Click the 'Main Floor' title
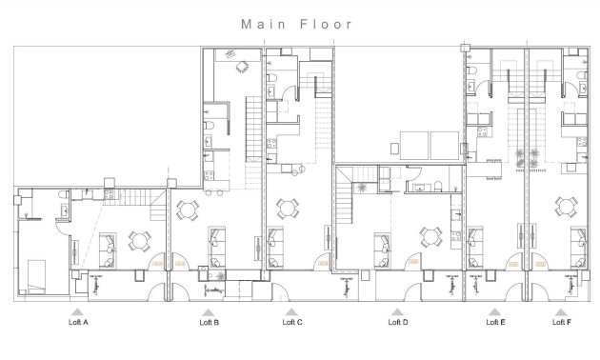click(x=296, y=24)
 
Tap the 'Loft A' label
click(x=78, y=323)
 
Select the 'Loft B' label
click(x=210, y=323)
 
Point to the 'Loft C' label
click(x=292, y=323)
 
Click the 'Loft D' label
click(x=398, y=323)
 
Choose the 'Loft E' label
click(x=495, y=323)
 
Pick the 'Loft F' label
click(x=562, y=323)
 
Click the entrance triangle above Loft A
click(x=78, y=311)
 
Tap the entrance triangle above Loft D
click(x=398, y=311)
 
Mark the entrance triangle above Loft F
click(x=562, y=311)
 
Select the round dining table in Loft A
click(x=141, y=240)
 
